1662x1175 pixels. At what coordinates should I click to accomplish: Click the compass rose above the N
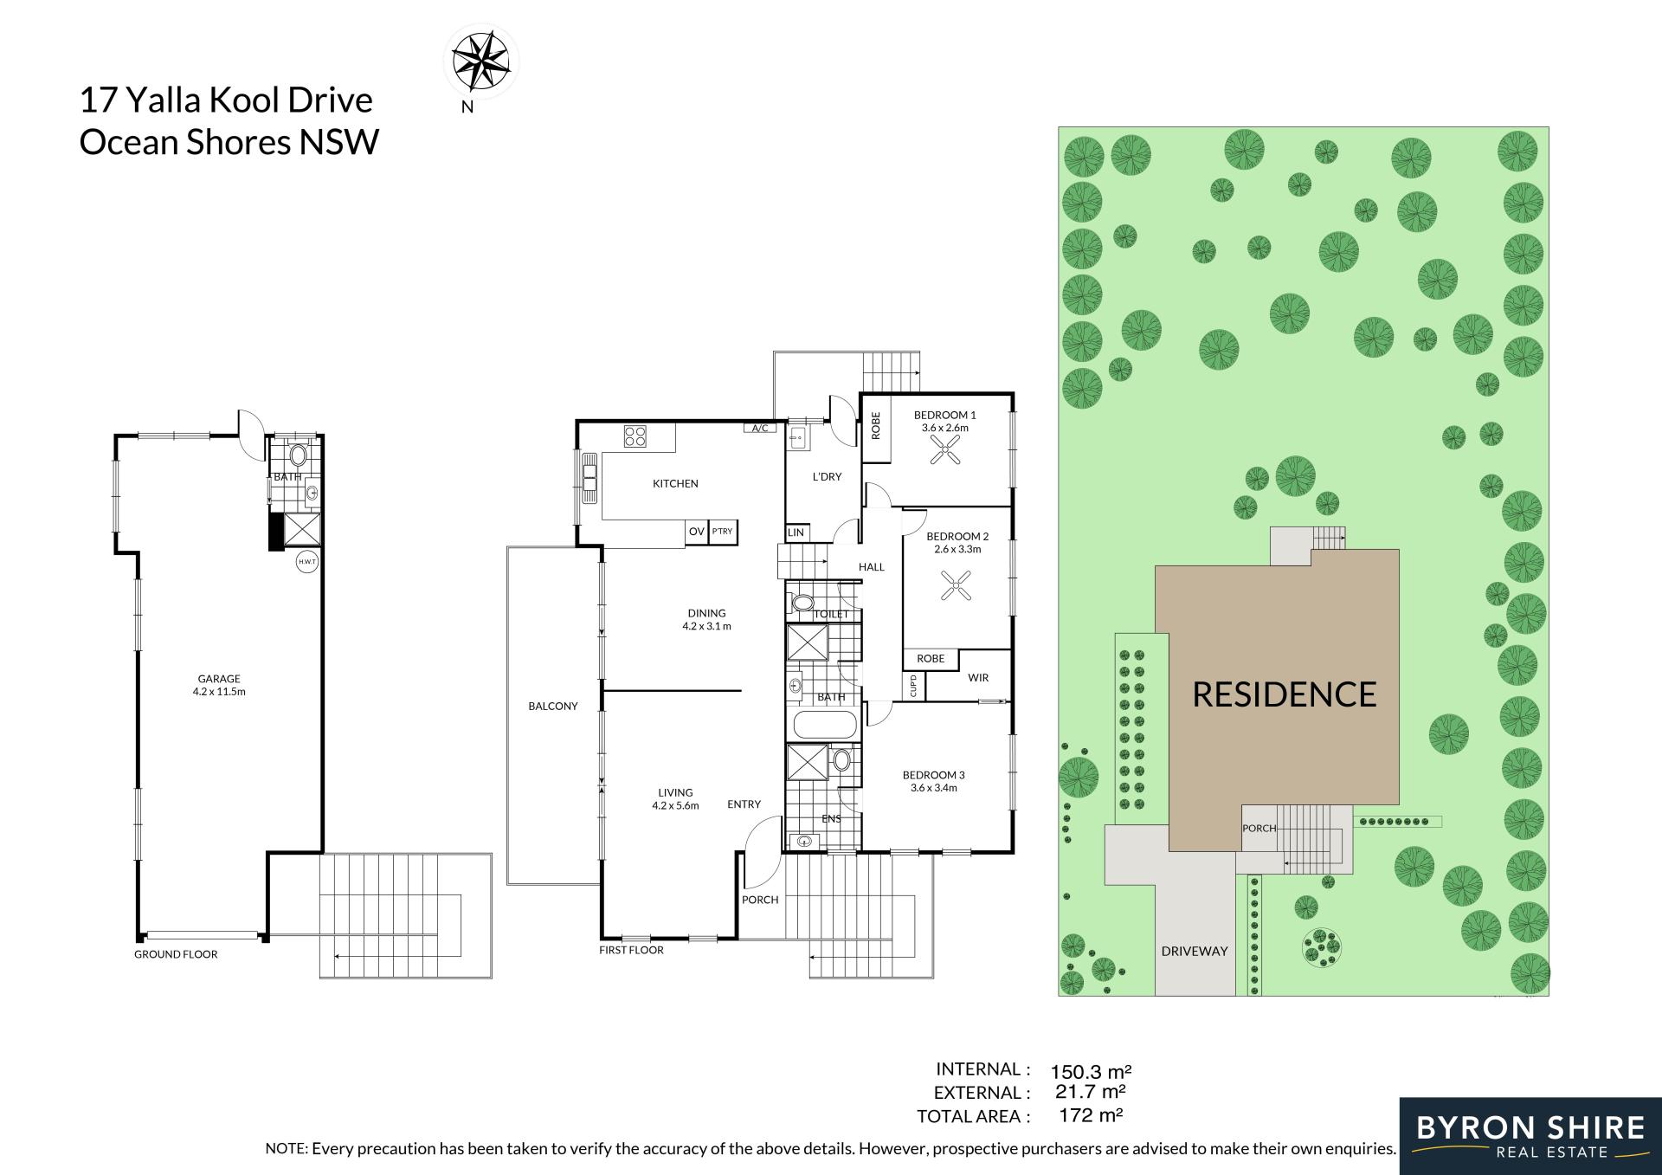coord(481,61)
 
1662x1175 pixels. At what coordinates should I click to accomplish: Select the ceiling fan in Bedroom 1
coord(944,450)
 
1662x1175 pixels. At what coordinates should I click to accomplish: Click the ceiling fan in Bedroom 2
coord(956,585)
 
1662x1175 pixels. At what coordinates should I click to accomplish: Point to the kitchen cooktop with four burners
coord(635,436)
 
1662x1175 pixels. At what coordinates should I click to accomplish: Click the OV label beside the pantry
coord(696,532)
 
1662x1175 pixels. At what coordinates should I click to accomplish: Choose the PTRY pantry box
coord(722,532)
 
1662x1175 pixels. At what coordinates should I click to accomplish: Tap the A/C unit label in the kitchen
coord(760,428)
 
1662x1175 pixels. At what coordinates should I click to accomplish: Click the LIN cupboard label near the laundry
coord(796,533)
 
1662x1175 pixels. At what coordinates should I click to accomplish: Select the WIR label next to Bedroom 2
coord(978,678)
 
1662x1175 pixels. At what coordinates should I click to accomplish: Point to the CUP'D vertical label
coord(913,686)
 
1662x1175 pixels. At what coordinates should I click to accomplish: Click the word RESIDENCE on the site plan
coord(1284,694)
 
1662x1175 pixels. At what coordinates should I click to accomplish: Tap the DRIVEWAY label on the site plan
coord(1195,951)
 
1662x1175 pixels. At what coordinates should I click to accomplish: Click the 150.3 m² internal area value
coord(1091,1072)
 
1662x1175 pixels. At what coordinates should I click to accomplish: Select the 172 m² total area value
coord(1091,1115)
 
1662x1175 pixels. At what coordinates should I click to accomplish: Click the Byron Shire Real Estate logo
coord(1530,1136)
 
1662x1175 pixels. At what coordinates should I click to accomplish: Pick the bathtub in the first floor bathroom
coord(824,725)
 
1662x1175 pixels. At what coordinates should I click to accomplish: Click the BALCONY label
coord(553,706)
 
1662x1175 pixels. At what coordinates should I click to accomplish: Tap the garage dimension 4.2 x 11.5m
coord(219,692)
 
